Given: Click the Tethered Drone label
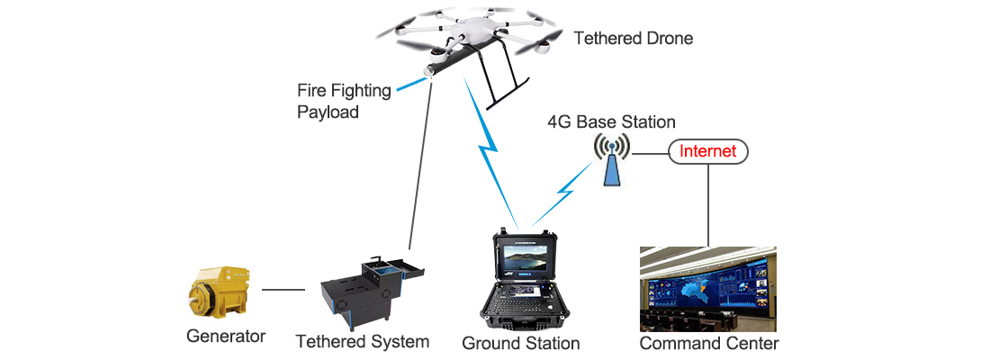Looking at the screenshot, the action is [634, 38].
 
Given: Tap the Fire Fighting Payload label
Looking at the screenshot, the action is [344, 101].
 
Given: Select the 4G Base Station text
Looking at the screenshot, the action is [611, 121].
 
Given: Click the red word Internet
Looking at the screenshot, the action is [707, 151].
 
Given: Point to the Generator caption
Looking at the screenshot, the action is [226, 336].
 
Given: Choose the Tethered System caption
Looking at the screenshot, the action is [363, 342].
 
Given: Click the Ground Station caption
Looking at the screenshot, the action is [521, 344].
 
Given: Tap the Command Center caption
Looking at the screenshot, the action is [709, 344].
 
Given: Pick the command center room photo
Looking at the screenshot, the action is [707, 289].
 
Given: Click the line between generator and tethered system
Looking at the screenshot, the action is [283, 290].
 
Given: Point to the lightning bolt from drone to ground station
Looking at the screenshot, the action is [490, 151].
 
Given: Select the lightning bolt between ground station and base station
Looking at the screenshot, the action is [562, 193].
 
